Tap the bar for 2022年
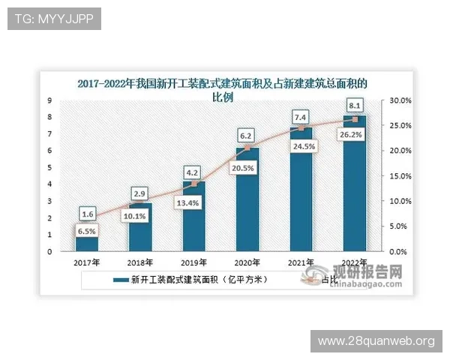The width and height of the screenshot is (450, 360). [x=355, y=183]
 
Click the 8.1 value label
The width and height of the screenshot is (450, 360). [x=355, y=106]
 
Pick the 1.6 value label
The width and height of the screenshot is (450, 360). [x=87, y=213]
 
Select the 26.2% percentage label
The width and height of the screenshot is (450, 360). [x=355, y=135]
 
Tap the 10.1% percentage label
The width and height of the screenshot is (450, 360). [x=140, y=218]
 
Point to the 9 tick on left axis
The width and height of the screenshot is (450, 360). [x=49, y=100]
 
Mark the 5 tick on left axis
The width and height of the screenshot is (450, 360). [x=49, y=167]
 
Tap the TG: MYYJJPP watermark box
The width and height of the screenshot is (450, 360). [x=53, y=18]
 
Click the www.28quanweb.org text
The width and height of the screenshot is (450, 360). [x=376, y=341]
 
